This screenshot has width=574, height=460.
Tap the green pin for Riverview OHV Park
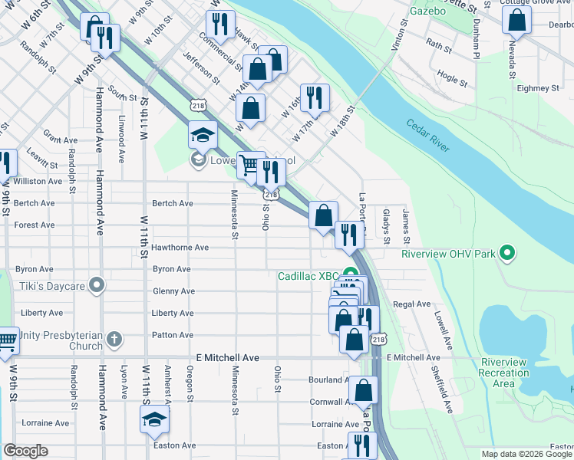point(506,252)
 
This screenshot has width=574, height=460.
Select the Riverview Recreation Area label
point(503,373)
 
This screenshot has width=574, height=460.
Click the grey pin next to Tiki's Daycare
point(96,286)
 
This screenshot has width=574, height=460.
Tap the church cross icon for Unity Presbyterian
point(114,339)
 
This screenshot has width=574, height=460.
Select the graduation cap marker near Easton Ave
point(154,419)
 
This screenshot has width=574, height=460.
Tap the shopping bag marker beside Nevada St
point(516,21)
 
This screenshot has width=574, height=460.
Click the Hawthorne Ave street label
point(180,248)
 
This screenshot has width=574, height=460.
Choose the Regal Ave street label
point(412,304)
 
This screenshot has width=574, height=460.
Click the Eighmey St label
point(538,89)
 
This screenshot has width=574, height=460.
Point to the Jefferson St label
point(201,67)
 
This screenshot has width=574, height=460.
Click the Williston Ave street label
point(38,182)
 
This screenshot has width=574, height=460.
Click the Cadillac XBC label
point(308,275)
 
